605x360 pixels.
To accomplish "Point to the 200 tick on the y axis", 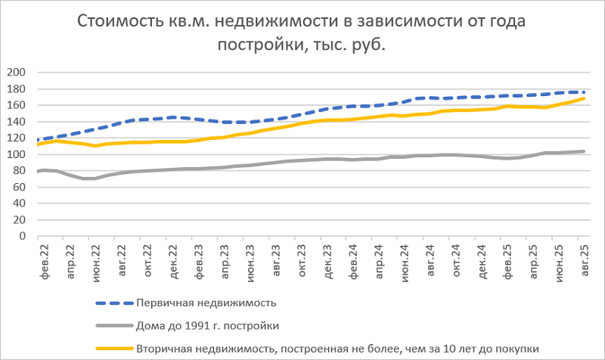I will coord(16,73).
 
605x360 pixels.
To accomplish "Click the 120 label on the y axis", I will coord(16,138).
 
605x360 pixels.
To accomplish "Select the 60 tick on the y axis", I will coord(19,187).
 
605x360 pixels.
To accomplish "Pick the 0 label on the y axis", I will coord(23,236).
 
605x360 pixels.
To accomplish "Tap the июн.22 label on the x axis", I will coord(95,259).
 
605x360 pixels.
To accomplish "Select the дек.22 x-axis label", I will coord(172,259).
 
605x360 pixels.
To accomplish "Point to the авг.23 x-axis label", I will coord(276,259).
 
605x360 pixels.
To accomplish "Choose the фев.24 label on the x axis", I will coord(354,259).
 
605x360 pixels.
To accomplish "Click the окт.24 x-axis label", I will coord(458,259).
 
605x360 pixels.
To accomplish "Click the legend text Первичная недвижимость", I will coord(206,303).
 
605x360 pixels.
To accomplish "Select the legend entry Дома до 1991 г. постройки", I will coord(209,326).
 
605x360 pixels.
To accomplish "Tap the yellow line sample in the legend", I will coord(113,349).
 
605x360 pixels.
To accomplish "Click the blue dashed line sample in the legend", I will coord(113,303).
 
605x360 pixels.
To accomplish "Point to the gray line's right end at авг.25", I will coord(583,151).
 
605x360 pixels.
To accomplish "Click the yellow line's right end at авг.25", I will coord(583,98).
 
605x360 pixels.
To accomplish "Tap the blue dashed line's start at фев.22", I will coord(38,140).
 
